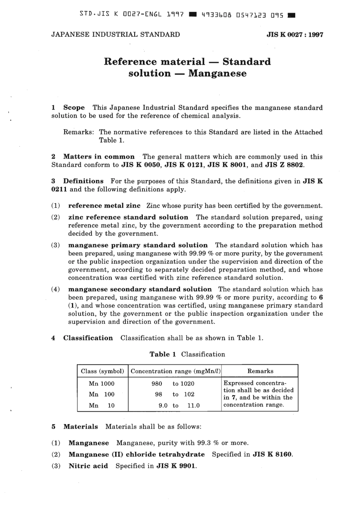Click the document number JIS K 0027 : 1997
pyautogui.click(x=295, y=34)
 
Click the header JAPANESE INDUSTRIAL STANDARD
pyautogui.click(x=116, y=34)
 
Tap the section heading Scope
pyautogui.click(x=74, y=108)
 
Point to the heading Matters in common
pyautogui.click(x=99, y=157)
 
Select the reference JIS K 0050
pyautogui.click(x=141, y=165)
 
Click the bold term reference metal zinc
pyautogui.click(x=104, y=206)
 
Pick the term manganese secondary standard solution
pyautogui.click(x=140, y=289)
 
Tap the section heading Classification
pyautogui.click(x=88, y=338)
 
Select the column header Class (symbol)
pyautogui.click(x=102, y=371)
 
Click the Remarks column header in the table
pyautogui.click(x=260, y=371)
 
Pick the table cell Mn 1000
pyautogui.click(x=102, y=384)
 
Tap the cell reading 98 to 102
pyautogui.click(x=174, y=395)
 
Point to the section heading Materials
pyautogui.click(x=80, y=427)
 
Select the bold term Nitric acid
pyautogui.click(x=88, y=466)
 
